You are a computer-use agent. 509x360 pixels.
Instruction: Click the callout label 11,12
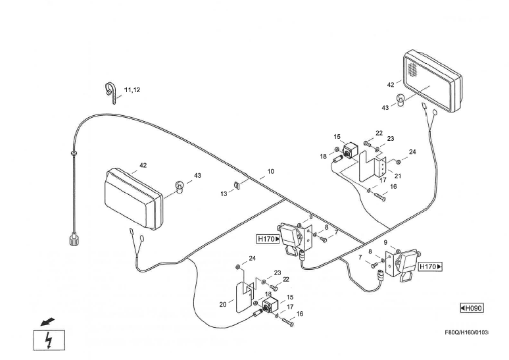tap(132, 90)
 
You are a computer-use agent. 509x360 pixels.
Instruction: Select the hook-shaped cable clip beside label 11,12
tap(110, 91)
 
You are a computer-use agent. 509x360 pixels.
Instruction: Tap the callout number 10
tap(270, 172)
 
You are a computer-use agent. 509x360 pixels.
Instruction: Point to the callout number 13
tap(224, 194)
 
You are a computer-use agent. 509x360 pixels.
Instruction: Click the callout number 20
tap(223, 305)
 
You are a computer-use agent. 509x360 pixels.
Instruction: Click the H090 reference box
tap(472, 308)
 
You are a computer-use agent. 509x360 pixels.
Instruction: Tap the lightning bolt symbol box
tap(49, 340)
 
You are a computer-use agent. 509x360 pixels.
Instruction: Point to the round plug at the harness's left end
tap(74, 239)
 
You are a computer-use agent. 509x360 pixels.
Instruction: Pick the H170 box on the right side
tap(430, 267)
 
